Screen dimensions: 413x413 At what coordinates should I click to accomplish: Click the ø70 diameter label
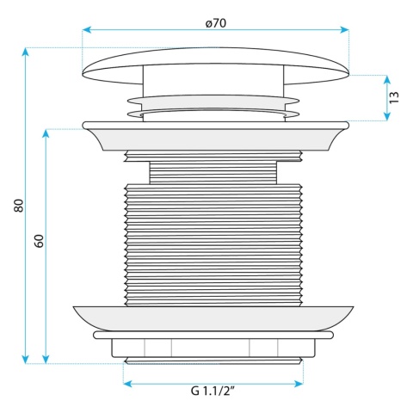pyautogui.click(x=216, y=23)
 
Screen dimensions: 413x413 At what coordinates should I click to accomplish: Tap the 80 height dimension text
pyautogui.click(x=19, y=206)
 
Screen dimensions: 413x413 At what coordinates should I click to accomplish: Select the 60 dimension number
pyautogui.click(x=39, y=241)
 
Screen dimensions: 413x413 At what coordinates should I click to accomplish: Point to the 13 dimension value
pyautogui.click(x=394, y=97)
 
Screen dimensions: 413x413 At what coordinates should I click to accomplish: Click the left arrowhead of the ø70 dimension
pyautogui.click(x=87, y=30)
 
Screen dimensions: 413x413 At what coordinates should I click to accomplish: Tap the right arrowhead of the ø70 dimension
pyautogui.click(x=344, y=30)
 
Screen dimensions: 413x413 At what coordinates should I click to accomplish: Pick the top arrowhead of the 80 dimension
pyautogui.click(x=26, y=52)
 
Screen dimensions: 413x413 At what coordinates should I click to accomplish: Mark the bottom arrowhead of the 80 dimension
pyautogui.click(x=26, y=359)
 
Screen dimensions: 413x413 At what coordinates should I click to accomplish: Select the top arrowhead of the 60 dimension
pyautogui.click(x=46, y=134)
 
